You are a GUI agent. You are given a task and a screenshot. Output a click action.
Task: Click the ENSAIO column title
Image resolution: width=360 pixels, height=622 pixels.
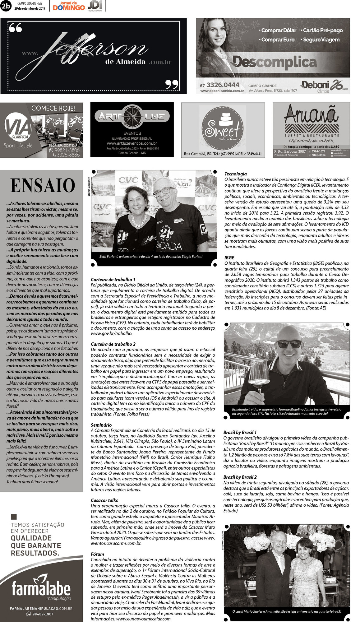43,186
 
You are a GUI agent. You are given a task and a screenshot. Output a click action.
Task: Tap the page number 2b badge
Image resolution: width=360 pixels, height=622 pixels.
6,6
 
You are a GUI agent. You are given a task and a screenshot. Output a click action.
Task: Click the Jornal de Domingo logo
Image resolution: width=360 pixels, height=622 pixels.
69,6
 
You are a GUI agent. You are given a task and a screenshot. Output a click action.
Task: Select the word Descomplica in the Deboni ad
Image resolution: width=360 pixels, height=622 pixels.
275,62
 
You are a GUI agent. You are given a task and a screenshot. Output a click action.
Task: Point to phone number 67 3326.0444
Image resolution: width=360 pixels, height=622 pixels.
219,85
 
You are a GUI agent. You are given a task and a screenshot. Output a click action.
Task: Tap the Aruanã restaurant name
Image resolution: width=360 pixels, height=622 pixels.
311,114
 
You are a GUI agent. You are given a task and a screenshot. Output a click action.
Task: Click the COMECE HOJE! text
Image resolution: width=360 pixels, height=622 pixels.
53,108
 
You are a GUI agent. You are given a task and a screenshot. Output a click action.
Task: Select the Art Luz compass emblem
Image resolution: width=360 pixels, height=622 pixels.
132,116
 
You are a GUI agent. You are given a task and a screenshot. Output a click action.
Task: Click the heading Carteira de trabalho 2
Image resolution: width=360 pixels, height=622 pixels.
113,344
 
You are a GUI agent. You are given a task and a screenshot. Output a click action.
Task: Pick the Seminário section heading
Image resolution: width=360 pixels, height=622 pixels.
101,425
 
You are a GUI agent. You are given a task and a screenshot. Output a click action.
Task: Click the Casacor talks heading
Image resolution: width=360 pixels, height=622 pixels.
104,500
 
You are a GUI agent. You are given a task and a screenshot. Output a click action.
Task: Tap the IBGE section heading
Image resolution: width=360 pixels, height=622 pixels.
229,258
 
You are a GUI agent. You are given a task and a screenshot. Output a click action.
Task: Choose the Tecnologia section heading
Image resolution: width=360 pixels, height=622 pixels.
236,174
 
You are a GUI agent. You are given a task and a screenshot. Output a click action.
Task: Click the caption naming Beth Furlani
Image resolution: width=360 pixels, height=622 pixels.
151,257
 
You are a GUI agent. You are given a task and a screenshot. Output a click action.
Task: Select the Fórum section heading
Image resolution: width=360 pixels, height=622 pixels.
97,554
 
